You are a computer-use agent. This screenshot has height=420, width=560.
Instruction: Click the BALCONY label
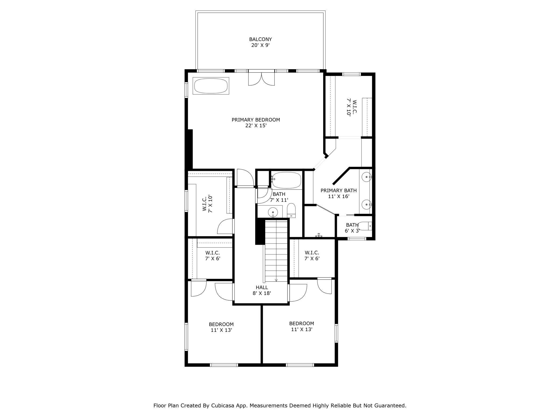pyautogui.click(x=260, y=39)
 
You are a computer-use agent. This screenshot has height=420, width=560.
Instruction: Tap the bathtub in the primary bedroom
pyautogui.click(x=211, y=86)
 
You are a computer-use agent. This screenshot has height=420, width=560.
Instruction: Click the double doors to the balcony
pyautogui.click(x=261, y=78)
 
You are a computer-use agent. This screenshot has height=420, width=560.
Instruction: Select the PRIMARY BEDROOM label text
pyautogui.click(x=256, y=120)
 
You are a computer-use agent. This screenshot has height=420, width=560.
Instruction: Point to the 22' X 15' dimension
pyautogui.click(x=256, y=126)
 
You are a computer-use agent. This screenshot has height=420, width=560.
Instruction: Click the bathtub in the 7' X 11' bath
pyautogui.click(x=286, y=180)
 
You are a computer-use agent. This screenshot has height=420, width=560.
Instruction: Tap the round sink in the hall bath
pyautogui.click(x=273, y=212)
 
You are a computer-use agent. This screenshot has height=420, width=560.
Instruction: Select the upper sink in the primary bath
pyautogui.click(x=366, y=177)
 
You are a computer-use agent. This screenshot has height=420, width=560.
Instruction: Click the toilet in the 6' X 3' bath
pyautogui.click(x=365, y=226)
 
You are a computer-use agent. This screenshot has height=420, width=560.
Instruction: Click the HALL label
pyautogui.click(x=262, y=288)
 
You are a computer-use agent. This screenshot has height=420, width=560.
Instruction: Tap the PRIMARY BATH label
pyautogui.click(x=338, y=191)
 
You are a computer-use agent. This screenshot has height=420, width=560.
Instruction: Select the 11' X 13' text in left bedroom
pyautogui.click(x=221, y=330)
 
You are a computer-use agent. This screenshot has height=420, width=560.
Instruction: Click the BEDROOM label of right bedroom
pyautogui.click(x=302, y=324)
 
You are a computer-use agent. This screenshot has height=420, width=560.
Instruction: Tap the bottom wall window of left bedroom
pyautogui.click(x=224, y=365)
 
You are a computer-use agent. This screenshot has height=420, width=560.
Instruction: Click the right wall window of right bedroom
pyautogui.click(x=336, y=333)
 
